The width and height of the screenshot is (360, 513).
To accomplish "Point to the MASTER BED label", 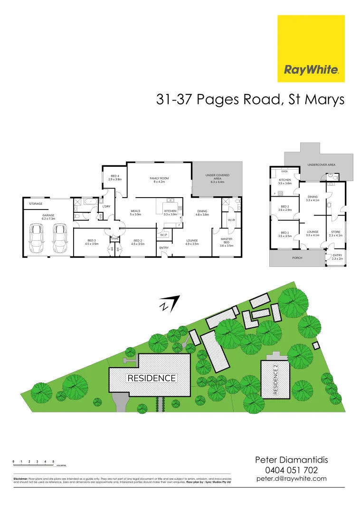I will coord(227,241).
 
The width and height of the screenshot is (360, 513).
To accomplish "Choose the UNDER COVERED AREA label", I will coord(217,177).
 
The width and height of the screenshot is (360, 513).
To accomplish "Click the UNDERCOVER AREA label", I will coord(321,164).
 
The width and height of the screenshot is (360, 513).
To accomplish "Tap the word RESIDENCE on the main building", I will coord(151,378).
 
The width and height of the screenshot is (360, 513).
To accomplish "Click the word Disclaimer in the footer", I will coord(20,479).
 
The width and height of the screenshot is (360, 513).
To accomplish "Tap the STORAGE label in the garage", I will coord(36,204).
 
